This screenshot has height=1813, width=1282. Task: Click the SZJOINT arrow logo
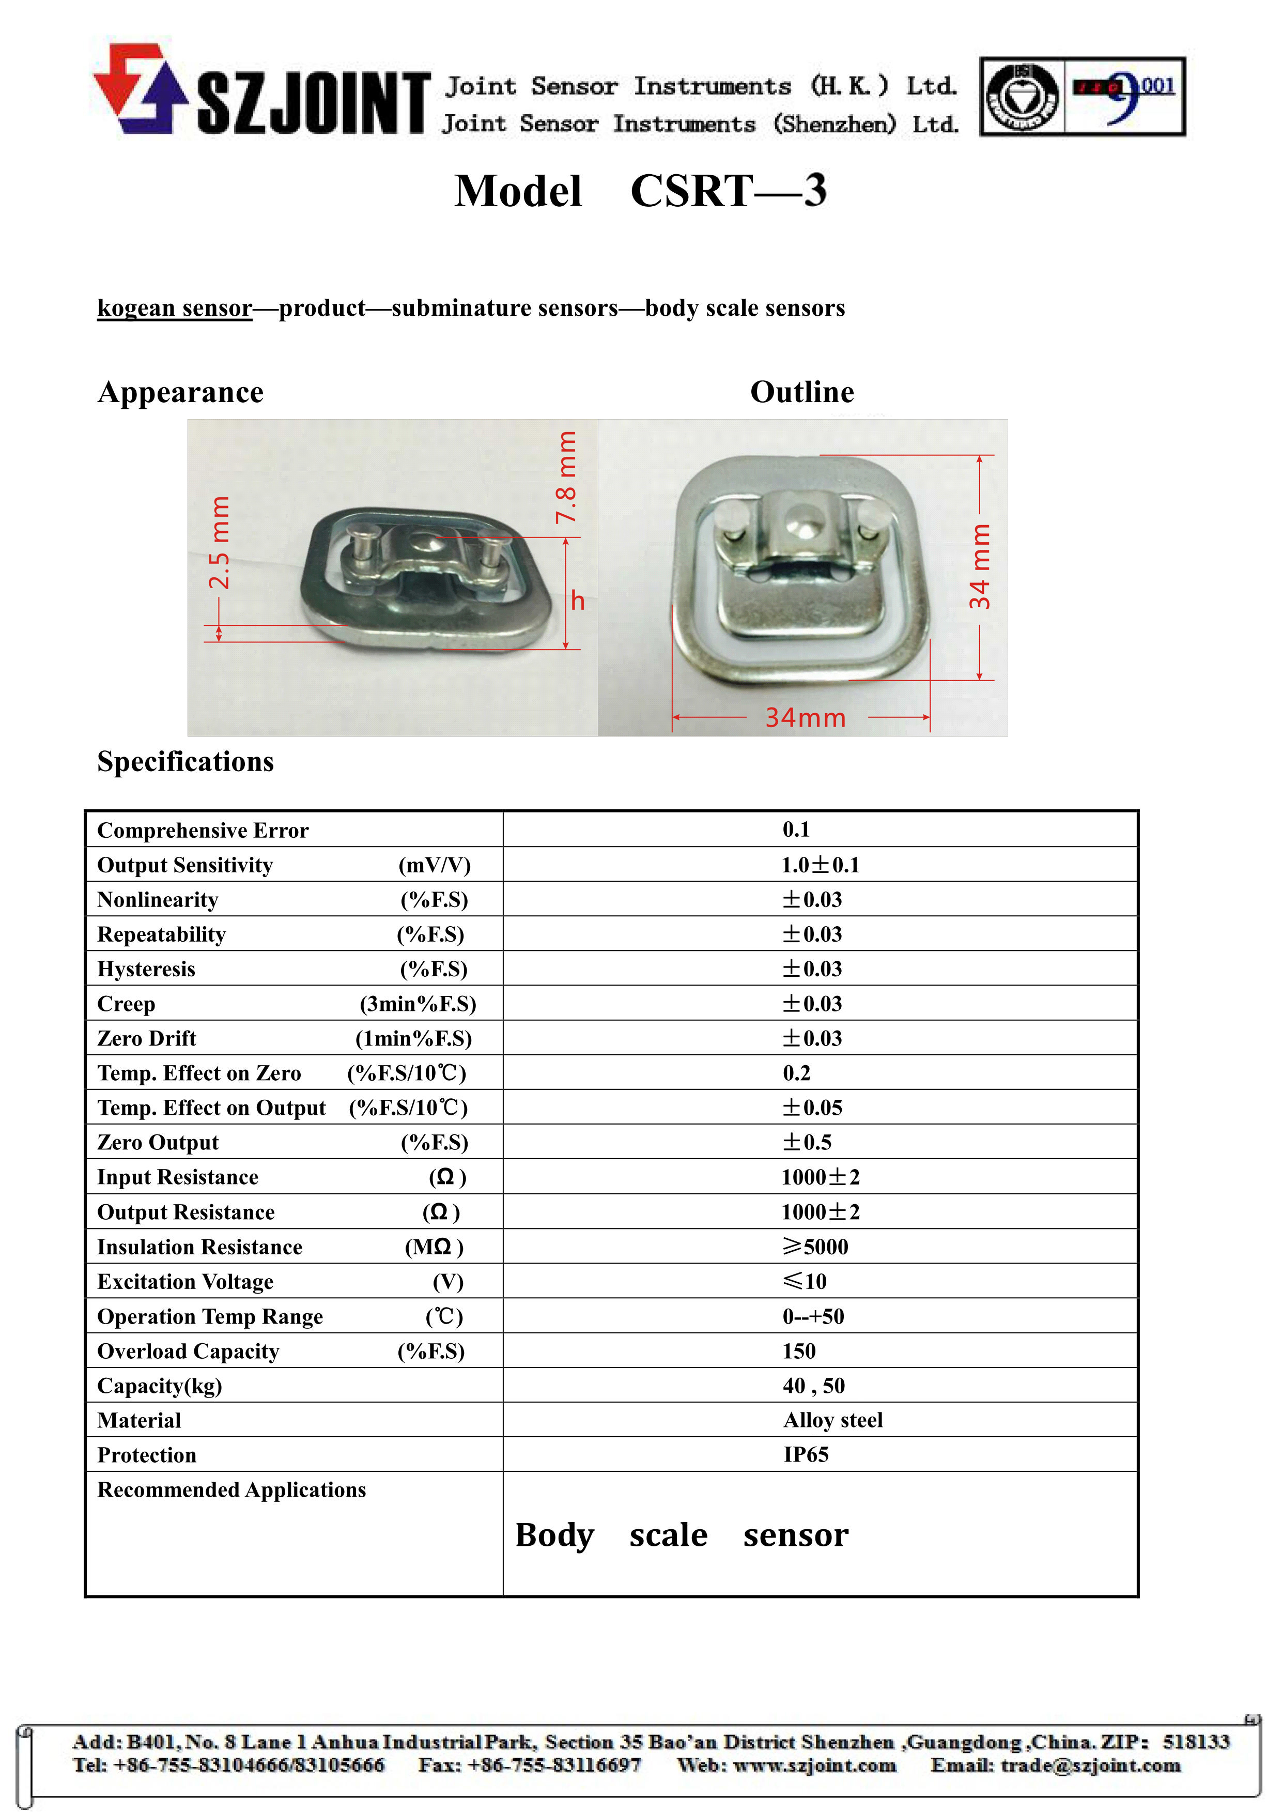click(x=141, y=88)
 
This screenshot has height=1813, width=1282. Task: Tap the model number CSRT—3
click(x=728, y=191)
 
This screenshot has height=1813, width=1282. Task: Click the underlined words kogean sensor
click(x=175, y=308)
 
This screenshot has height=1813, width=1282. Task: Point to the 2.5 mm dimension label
click(x=220, y=543)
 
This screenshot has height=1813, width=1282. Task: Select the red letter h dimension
click(x=578, y=602)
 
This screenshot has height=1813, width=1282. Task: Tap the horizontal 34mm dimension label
click(x=805, y=718)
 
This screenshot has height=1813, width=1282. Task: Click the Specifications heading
click(x=186, y=762)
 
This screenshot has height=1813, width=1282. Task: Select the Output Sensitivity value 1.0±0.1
click(x=820, y=866)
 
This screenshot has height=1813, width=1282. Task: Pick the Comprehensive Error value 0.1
click(x=796, y=830)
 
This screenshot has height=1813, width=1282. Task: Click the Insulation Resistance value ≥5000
click(x=815, y=1247)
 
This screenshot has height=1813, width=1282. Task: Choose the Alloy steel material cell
click(x=833, y=1421)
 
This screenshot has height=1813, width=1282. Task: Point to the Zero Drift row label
click(x=147, y=1039)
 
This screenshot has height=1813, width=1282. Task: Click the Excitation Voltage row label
click(x=186, y=1282)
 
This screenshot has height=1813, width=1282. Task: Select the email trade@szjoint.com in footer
click(x=1090, y=1765)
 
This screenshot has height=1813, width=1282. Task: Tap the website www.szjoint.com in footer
click(x=815, y=1765)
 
